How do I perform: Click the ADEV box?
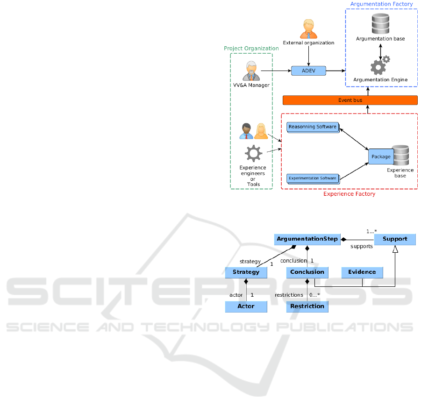coord(308,71)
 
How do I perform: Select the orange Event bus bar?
coord(350,100)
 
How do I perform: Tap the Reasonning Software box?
coord(313,127)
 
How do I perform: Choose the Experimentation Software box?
coord(312,178)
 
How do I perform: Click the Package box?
coord(381,157)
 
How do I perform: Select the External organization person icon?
coord(308,29)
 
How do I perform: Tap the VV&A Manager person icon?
coord(251,71)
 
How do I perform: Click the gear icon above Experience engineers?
coord(253,153)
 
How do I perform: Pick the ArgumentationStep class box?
coord(307,239)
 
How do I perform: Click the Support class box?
coord(395,239)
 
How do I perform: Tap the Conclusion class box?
coord(307,272)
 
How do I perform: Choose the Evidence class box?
coord(362,272)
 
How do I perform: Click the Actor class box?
coord(246,306)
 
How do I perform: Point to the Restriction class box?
coord(307,306)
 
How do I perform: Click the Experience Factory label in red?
coord(349,194)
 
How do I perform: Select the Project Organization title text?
coord(251,49)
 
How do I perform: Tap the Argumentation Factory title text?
coord(382,4)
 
